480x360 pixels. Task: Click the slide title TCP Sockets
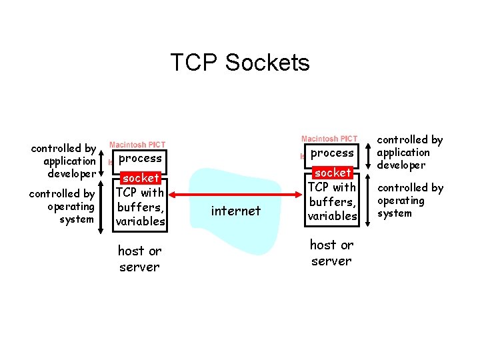pos(240,62)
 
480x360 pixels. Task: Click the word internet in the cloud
pos(235,211)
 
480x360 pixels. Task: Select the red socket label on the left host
pos(141,178)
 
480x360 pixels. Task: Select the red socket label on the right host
pos(333,173)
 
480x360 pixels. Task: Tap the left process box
pos(140,159)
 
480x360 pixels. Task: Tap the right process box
pos(332,153)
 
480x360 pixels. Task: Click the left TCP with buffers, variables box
pos(140,207)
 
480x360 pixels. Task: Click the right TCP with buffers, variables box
pos(332,201)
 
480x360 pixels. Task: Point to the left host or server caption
pos(139,259)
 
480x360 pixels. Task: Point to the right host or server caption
pos(331,253)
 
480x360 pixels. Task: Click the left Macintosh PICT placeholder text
pos(137,145)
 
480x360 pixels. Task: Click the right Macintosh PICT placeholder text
pos(329,139)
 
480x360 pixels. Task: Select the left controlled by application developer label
pos(64,161)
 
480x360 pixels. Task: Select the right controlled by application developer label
pos(410,152)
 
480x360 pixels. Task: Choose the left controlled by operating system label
pos(61,206)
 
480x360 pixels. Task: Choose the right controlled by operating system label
pos(410,200)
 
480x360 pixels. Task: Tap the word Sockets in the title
pos(267,62)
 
